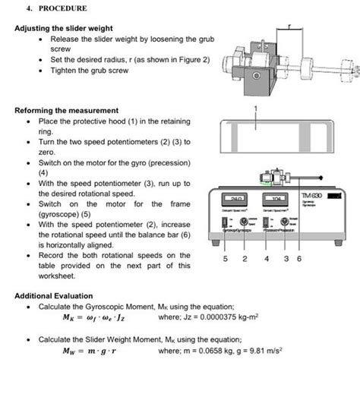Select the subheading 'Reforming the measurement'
[66, 111]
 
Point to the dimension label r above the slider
[289, 25]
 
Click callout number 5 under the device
[226, 259]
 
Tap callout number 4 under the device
[267, 259]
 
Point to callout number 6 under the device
[299, 259]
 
